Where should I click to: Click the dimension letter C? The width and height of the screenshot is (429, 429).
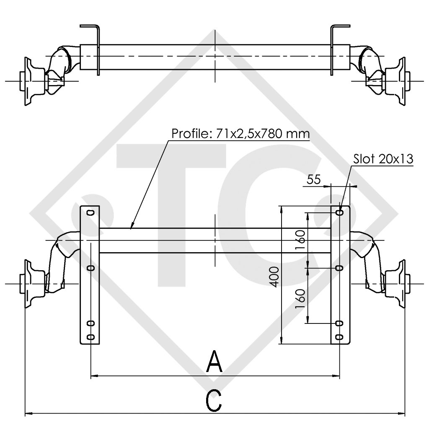(214, 401)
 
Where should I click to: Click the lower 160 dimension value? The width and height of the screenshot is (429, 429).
(300, 298)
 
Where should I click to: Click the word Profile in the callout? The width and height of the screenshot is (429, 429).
(188, 134)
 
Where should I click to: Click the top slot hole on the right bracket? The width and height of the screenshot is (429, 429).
(340, 212)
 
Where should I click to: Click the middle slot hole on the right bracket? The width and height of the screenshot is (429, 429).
(339, 267)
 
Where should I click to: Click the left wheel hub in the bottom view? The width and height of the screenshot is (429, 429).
(31, 284)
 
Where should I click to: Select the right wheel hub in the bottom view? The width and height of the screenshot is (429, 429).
(398, 284)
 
